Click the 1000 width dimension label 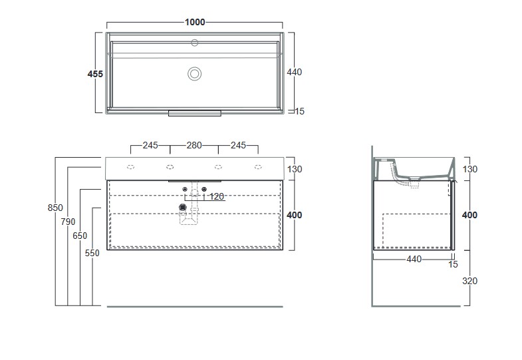click(x=195, y=23)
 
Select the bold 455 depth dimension click(x=95, y=74)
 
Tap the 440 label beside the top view click(x=295, y=72)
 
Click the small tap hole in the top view click(x=194, y=43)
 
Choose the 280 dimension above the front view click(x=194, y=146)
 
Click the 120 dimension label click(x=216, y=197)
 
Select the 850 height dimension click(x=55, y=208)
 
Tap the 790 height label click(x=68, y=222)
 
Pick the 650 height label click(x=80, y=236)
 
